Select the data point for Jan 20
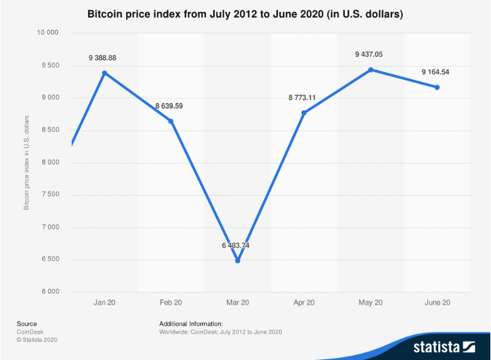(105, 73)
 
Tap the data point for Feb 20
(171, 121)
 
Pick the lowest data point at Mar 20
(238, 260)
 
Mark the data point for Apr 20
(304, 113)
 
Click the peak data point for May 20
(371, 69)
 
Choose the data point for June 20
(437, 87)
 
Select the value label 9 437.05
(369, 55)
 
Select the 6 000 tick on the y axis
(51, 292)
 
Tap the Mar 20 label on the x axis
(237, 303)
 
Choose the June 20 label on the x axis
(437, 303)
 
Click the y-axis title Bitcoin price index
(26, 163)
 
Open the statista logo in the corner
(443, 346)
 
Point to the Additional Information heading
(191, 324)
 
